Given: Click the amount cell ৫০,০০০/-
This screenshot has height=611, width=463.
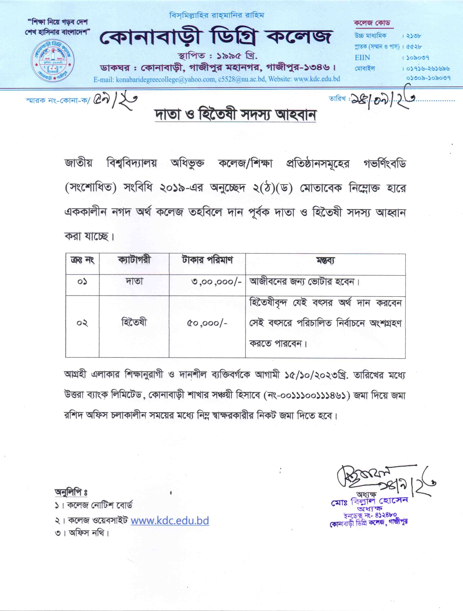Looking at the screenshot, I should tap(207, 323).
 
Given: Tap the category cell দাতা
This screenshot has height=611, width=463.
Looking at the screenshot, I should tap(134, 281).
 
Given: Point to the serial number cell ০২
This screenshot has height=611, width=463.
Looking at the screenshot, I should tap(82, 323).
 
